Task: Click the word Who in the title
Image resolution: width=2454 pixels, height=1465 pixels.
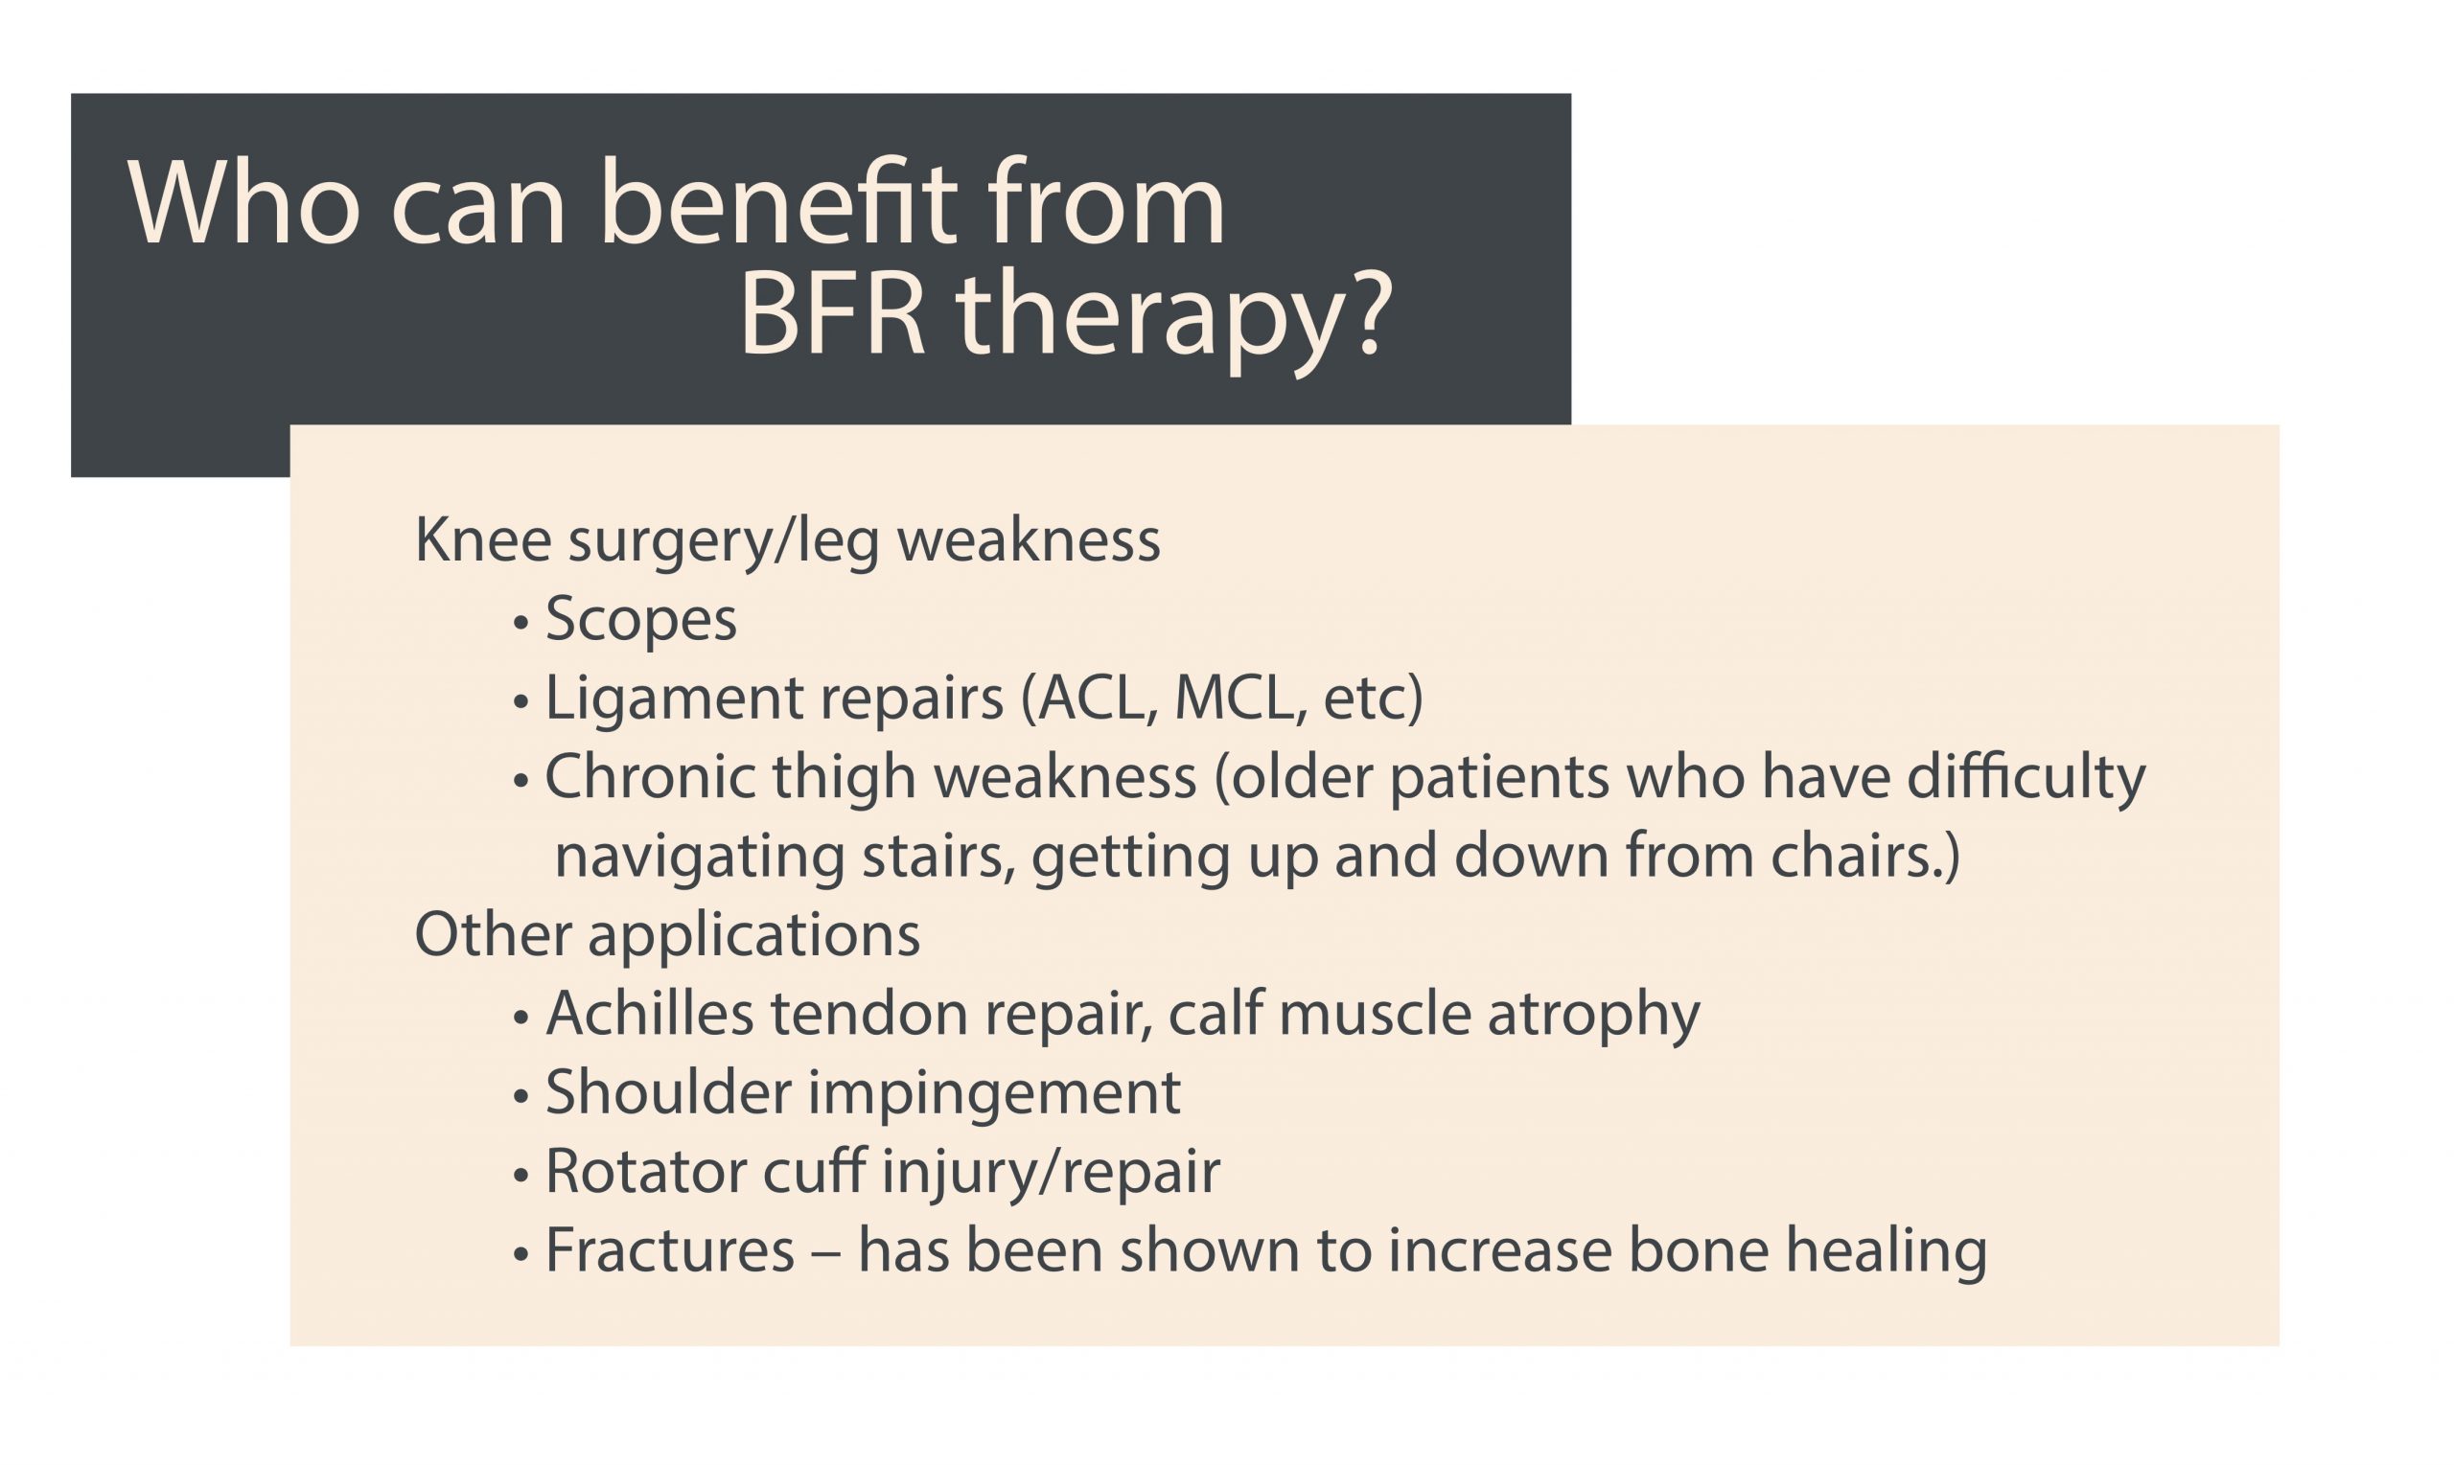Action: point(242,204)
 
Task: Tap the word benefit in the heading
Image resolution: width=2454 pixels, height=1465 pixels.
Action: point(778,202)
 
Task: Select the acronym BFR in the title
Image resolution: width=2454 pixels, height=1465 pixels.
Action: point(832,317)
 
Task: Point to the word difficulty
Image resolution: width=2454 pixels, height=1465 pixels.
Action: point(2026,777)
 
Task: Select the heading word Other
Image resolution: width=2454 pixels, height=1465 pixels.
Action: point(493,935)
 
